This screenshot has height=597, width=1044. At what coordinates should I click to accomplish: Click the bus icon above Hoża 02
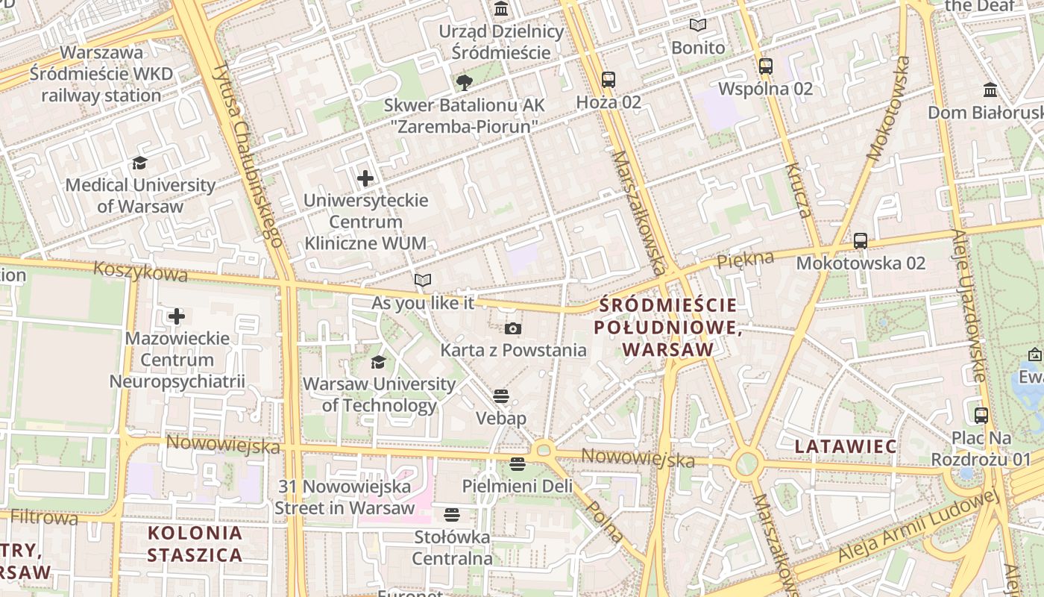tap(609, 79)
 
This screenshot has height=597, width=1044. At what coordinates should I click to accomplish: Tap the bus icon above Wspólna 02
tap(766, 66)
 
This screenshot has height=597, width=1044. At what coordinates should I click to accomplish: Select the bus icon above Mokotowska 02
tap(861, 240)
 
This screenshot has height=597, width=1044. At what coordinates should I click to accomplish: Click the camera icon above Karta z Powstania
tap(513, 328)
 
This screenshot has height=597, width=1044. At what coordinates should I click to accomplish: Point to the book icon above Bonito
tap(698, 25)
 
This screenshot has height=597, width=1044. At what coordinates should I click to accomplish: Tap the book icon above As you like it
tap(423, 281)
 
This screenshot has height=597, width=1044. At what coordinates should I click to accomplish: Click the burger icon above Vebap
tap(501, 396)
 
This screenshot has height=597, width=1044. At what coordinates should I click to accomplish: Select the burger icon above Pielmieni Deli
tap(518, 464)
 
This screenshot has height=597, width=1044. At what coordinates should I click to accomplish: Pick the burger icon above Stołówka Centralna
tap(452, 514)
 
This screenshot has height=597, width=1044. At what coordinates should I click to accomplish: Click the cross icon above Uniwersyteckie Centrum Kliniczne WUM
tap(365, 178)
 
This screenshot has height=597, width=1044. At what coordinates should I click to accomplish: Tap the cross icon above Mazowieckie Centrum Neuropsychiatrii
tap(177, 316)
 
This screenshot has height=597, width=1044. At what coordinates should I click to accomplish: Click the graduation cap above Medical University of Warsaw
tap(139, 163)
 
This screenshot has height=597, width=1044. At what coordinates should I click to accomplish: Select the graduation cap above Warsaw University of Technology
tap(379, 363)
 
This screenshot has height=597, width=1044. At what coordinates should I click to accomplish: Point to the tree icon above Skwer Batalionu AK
tap(465, 82)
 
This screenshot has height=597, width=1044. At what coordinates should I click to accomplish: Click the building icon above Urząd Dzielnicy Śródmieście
tap(502, 10)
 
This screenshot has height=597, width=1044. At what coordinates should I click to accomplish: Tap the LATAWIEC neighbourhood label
tap(846, 446)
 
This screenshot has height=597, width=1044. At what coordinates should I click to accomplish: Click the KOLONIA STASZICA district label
tap(195, 544)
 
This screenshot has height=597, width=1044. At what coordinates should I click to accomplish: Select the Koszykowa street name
tap(140, 271)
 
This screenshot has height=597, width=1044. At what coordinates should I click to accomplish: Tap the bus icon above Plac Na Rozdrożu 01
tap(981, 415)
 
